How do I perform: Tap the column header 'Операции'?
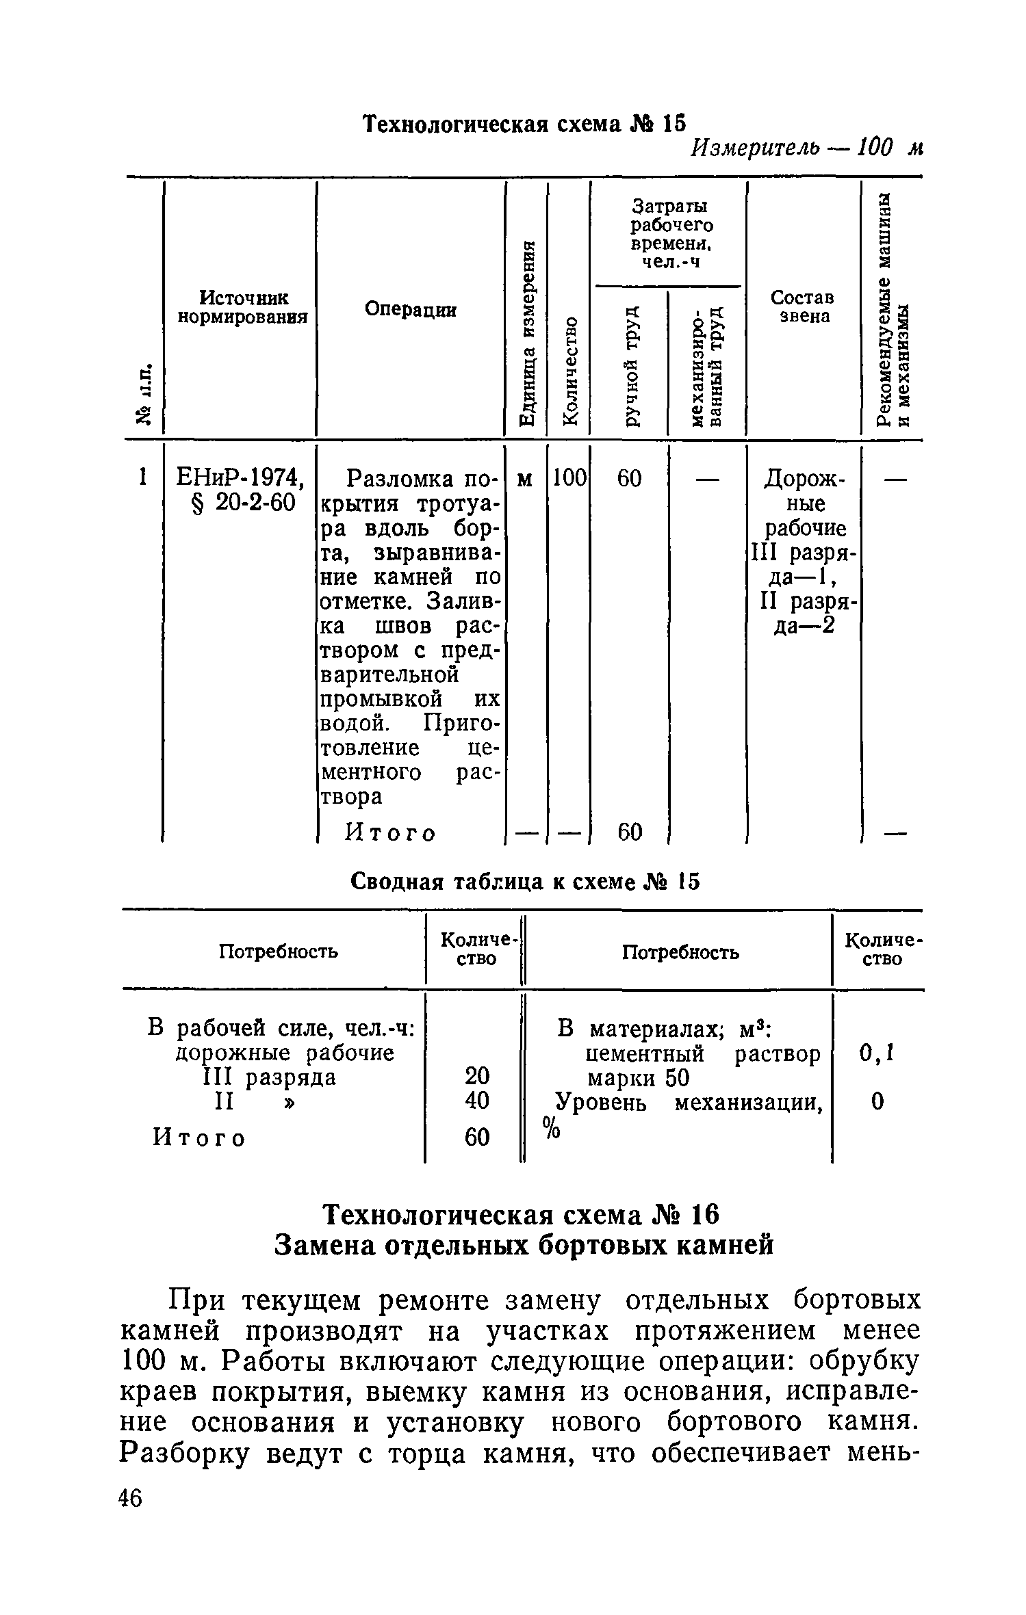click(410, 309)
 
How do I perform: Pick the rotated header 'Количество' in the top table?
click(569, 369)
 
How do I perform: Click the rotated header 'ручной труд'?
click(631, 365)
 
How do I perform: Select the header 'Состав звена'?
click(802, 306)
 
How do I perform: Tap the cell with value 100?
click(568, 478)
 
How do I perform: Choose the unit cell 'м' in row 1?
click(525, 479)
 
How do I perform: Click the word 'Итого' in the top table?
click(390, 832)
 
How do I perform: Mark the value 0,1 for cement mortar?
click(877, 1054)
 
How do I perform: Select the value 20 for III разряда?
click(477, 1076)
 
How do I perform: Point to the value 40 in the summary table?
click(477, 1101)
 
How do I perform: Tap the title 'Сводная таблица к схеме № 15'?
click(525, 882)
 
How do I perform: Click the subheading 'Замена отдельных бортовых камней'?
click(524, 1246)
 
